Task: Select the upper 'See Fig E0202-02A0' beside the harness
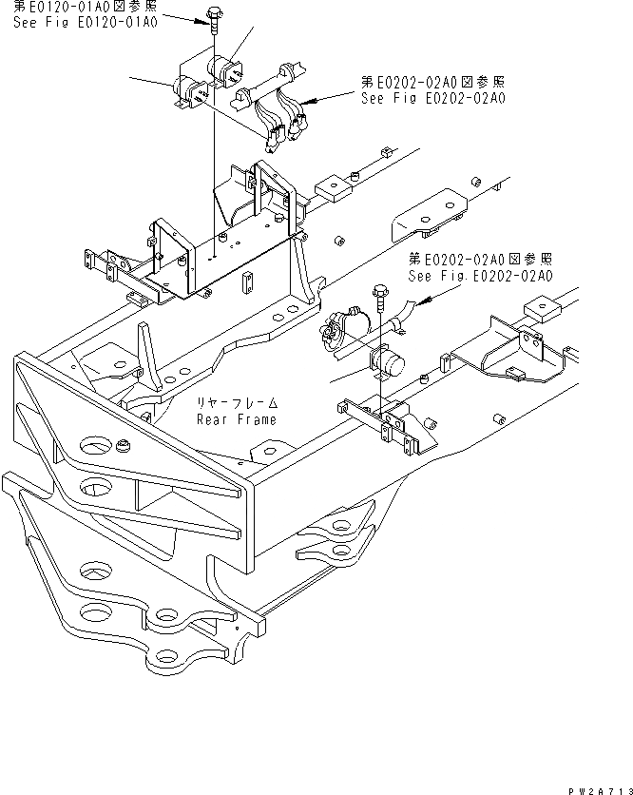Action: point(432,98)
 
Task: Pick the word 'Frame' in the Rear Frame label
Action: point(257,419)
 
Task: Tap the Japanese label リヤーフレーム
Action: point(237,403)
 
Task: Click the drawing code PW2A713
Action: point(600,788)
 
